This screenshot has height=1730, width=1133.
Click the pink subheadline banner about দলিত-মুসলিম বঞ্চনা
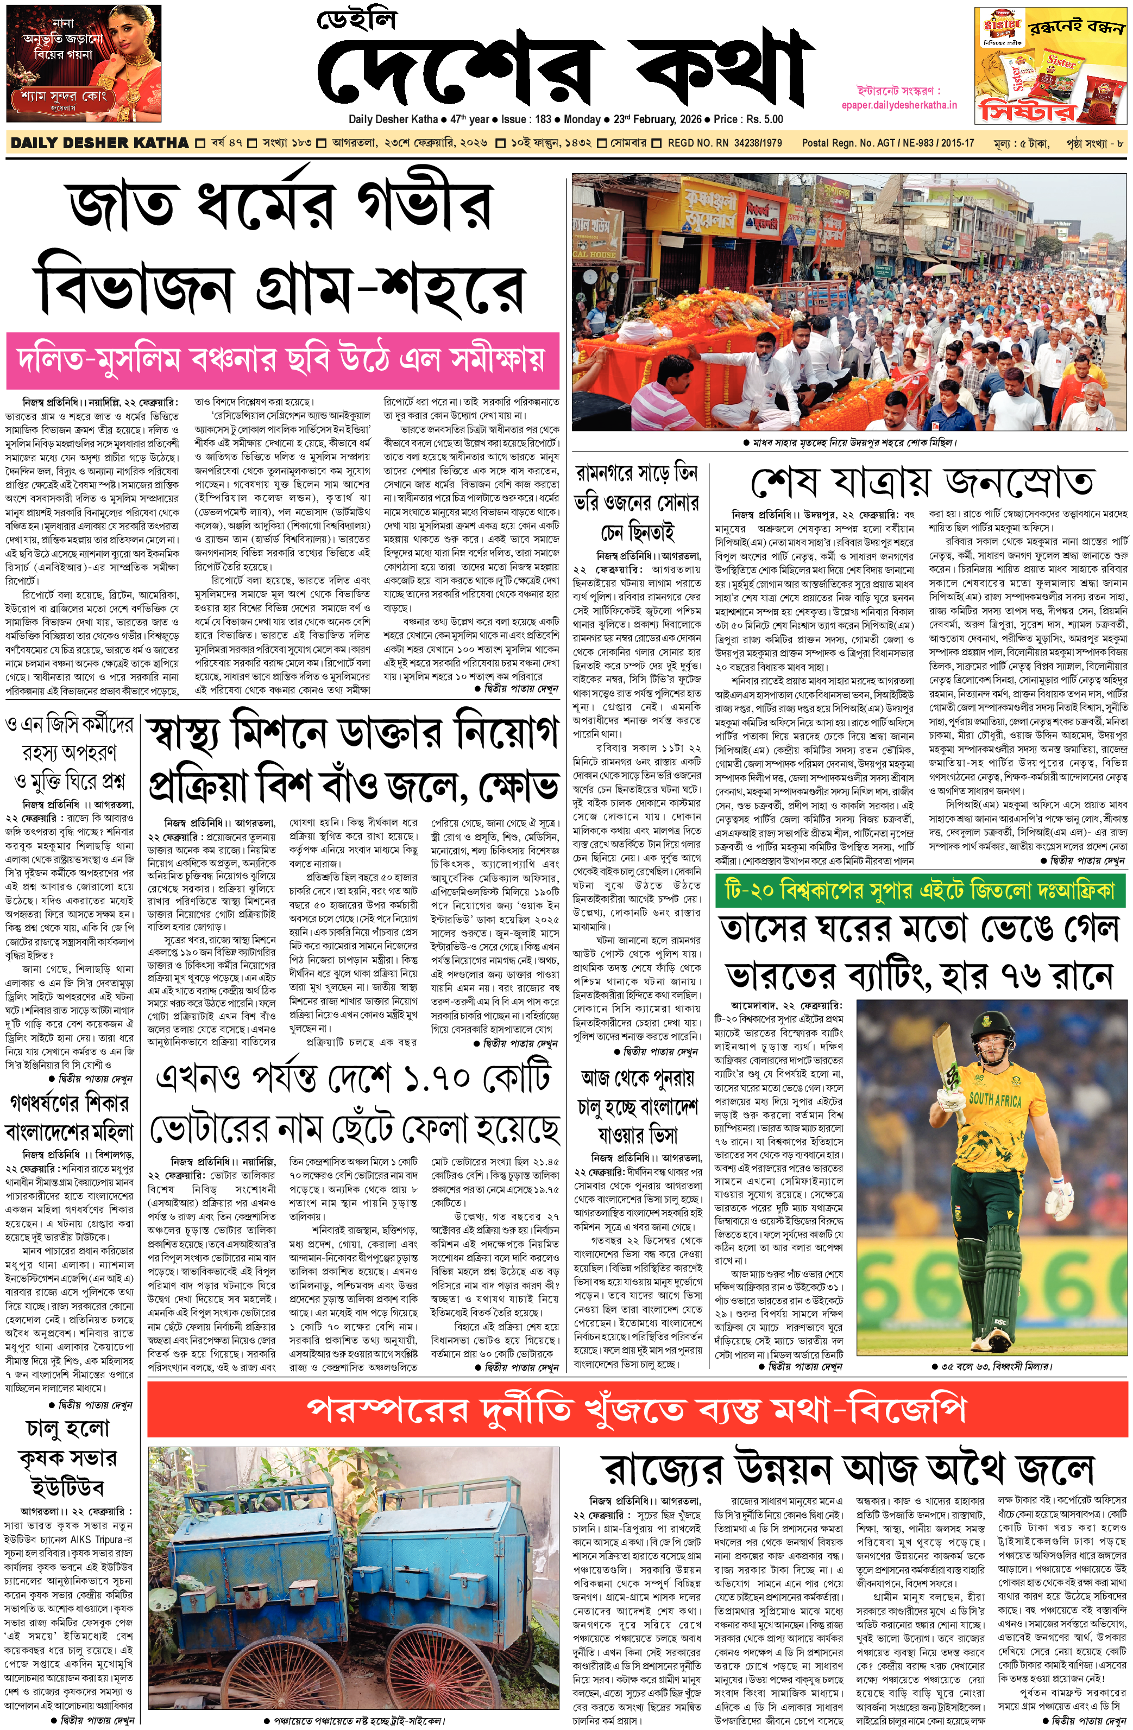coord(282,359)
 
